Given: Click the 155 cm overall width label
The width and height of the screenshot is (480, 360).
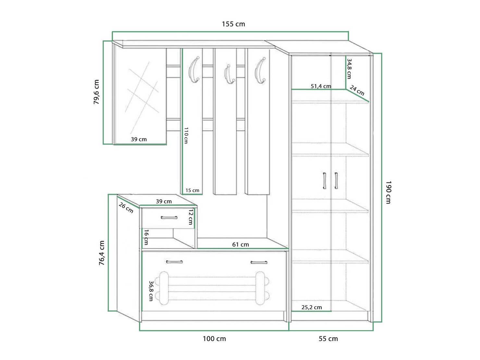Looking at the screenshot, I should [x=233, y=24].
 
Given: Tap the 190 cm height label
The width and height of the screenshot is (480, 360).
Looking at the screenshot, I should [x=388, y=192].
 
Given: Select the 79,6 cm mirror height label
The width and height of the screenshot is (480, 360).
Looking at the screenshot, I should [x=96, y=92].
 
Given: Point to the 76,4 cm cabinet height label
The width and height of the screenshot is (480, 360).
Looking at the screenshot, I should [x=102, y=253].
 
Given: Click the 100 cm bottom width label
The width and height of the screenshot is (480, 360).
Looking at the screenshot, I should [x=214, y=339].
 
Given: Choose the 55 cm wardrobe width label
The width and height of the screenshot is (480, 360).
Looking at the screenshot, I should [x=328, y=339].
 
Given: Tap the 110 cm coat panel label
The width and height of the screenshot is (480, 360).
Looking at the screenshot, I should [x=186, y=135].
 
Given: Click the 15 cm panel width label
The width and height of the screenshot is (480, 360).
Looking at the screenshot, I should [x=192, y=191].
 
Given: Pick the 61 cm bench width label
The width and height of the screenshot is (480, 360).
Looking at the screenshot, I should [x=240, y=244].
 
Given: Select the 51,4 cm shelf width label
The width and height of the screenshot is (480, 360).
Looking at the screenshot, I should [x=321, y=86].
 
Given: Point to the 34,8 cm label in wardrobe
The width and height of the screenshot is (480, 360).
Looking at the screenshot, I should [x=349, y=68].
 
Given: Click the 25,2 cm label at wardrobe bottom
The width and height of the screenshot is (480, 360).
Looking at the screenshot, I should [x=312, y=307].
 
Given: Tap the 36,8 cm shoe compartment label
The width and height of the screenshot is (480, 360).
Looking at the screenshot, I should [x=151, y=291].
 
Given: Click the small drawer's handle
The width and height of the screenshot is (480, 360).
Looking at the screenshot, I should [x=169, y=217].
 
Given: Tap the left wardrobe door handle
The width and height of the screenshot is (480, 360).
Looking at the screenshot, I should [x=324, y=180].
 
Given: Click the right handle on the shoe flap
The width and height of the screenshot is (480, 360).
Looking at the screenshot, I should [x=259, y=262].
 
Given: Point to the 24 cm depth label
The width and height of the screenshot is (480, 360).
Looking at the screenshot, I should [x=357, y=91].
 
